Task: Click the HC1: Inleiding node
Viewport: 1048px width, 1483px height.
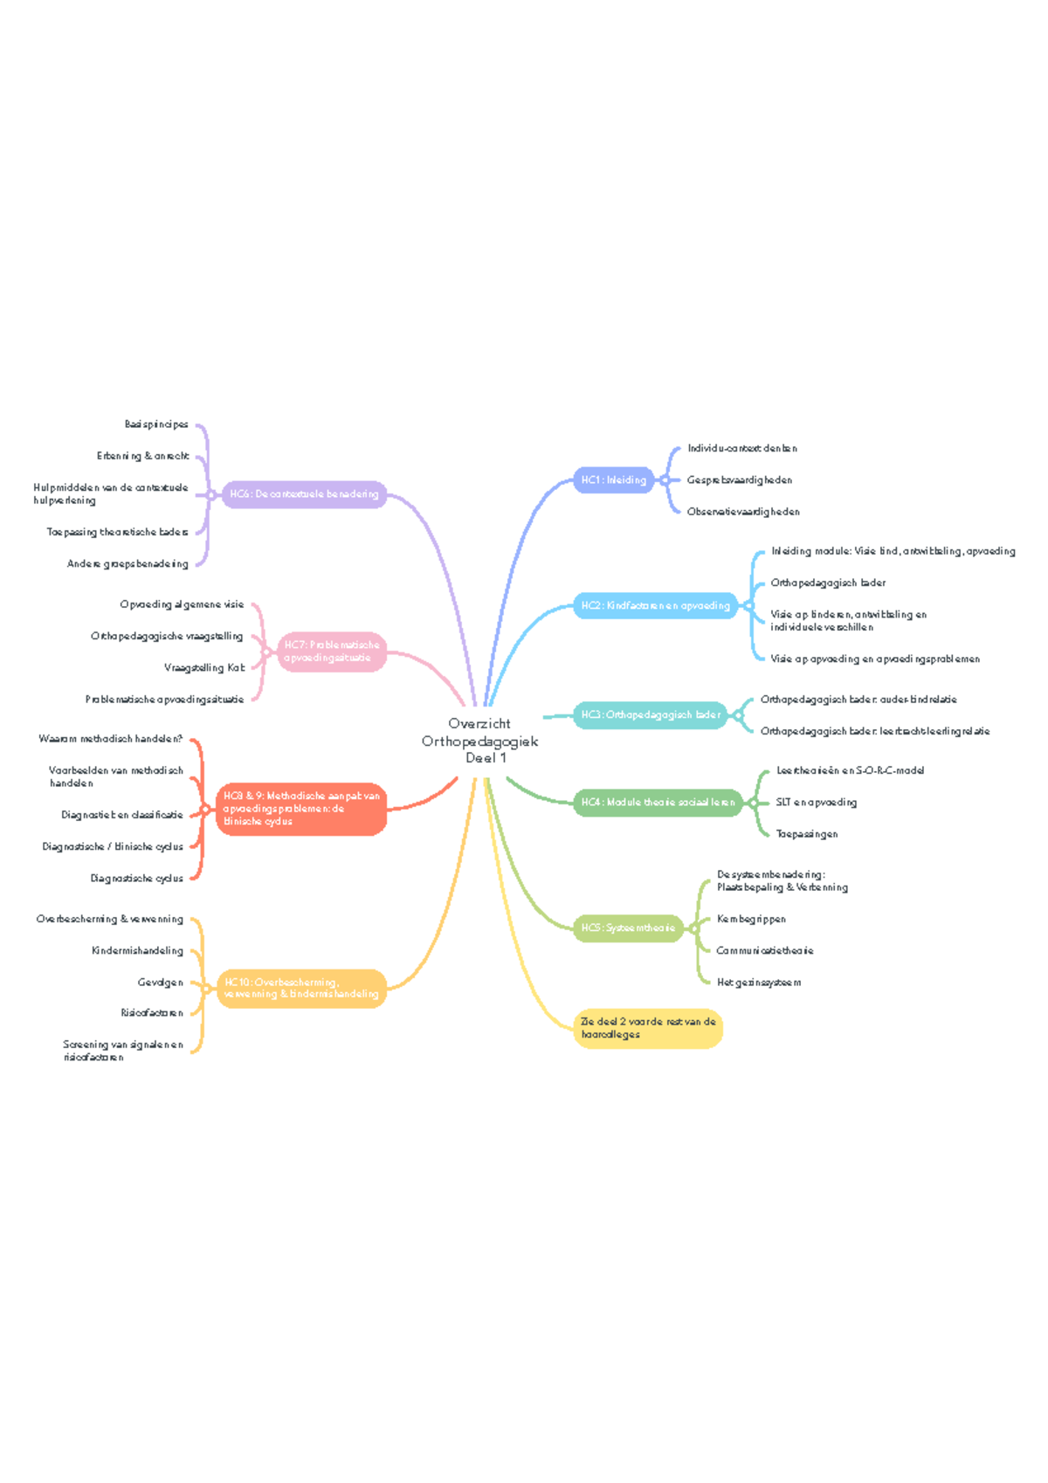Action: tap(613, 479)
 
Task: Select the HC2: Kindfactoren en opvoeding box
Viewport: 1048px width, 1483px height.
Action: tap(655, 605)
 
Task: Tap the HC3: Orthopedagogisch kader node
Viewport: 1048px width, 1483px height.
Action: tap(651, 714)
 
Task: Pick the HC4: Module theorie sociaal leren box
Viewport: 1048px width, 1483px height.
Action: tap(658, 802)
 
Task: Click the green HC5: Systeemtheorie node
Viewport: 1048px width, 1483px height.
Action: tap(628, 928)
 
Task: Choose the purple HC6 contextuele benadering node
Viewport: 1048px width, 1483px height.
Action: tap(304, 493)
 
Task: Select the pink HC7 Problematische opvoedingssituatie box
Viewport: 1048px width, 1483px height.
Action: tap(332, 652)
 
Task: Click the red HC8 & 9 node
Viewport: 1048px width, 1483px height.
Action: tap(301, 809)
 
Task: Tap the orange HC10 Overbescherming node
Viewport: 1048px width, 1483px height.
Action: tap(301, 988)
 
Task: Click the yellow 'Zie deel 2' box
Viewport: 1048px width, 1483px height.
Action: tap(648, 1028)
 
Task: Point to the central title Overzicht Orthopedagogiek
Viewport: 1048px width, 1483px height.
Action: tap(479, 741)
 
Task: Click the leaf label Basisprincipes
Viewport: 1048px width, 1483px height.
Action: tap(156, 424)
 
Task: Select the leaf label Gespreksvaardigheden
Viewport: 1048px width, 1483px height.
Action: tap(739, 479)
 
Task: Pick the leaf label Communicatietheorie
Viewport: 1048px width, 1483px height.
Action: tap(764, 950)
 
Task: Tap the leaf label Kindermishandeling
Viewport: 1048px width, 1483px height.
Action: tap(137, 950)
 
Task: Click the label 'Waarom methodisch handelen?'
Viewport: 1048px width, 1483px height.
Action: tap(111, 739)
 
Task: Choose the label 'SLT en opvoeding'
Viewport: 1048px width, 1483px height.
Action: tap(816, 802)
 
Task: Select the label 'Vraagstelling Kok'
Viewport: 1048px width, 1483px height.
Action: tap(204, 667)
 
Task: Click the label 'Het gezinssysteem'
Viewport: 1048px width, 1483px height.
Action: tap(758, 983)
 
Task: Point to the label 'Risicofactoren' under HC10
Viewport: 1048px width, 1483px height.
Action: tap(152, 1013)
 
